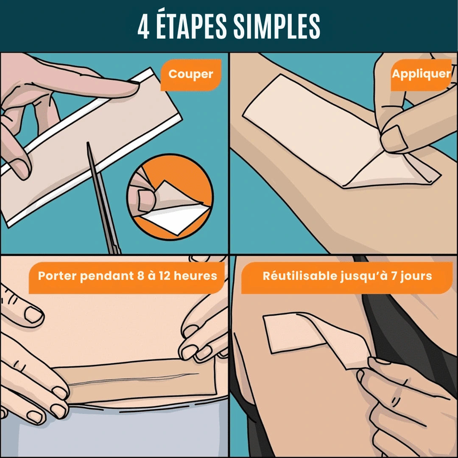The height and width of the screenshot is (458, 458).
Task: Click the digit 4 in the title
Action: click(x=143, y=27)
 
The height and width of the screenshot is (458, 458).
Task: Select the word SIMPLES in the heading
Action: click(x=276, y=27)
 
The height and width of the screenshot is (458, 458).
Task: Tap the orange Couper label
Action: click(x=191, y=75)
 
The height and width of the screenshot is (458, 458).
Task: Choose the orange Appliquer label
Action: click(x=421, y=74)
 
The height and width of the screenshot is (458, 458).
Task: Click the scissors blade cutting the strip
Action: click(x=102, y=195)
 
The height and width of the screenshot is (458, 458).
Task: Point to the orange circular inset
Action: click(x=170, y=197)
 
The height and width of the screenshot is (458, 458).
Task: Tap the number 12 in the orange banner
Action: click(x=165, y=276)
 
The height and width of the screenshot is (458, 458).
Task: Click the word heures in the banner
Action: click(x=195, y=276)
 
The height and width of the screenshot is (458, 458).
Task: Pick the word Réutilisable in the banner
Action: click(x=300, y=276)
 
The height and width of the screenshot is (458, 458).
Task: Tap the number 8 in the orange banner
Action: click(x=140, y=276)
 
